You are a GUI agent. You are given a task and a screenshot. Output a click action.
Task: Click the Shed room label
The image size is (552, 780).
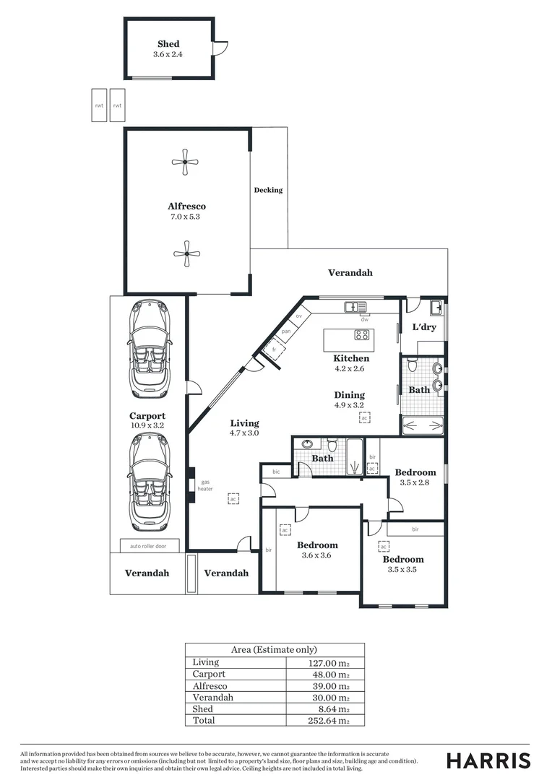point(168,44)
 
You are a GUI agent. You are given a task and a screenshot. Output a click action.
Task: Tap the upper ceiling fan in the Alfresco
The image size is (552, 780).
point(186,162)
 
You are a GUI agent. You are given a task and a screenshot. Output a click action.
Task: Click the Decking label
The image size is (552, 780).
point(268,191)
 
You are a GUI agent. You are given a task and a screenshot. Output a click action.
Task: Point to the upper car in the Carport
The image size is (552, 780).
point(150,350)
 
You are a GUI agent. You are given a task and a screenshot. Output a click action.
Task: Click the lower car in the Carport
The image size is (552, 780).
point(149,482)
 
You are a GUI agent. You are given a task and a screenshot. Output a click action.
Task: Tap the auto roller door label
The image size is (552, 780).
point(148,547)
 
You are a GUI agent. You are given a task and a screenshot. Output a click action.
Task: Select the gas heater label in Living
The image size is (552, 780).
point(205,485)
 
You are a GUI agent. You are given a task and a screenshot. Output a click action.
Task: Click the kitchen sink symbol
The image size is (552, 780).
point(356,307)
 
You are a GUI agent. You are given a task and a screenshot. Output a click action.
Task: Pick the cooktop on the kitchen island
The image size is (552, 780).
point(362,335)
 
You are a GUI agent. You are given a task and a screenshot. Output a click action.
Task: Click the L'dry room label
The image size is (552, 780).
point(424,327)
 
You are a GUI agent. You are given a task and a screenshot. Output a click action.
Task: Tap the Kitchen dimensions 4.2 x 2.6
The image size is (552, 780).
point(351,368)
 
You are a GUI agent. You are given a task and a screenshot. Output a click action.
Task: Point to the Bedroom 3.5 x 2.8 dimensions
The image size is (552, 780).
point(415,483)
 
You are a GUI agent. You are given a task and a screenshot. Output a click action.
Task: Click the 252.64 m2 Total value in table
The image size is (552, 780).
point(329,721)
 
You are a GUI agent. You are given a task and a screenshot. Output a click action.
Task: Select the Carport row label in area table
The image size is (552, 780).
point(209,674)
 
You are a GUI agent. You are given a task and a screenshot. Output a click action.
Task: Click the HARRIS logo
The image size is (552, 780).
point(488,760)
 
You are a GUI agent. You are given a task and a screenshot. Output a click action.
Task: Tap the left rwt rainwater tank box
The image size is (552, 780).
point(99,105)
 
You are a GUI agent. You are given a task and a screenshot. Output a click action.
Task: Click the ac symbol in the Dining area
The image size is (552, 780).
point(365,418)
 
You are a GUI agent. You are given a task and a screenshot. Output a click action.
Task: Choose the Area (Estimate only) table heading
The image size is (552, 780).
point(274,650)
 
